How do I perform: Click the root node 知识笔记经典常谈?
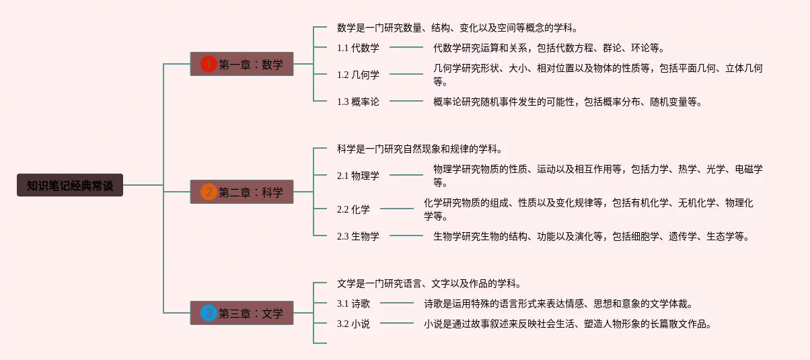tap(70, 185)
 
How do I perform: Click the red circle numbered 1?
tap(209, 64)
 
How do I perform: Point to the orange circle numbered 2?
tap(209, 192)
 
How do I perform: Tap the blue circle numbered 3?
tap(209, 313)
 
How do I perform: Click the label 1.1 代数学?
tap(358, 48)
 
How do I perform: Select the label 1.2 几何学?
tap(358, 75)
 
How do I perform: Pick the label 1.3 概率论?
tap(358, 102)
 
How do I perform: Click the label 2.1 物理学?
tap(358, 176)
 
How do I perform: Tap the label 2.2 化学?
tap(353, 209)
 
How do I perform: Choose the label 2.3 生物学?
tap(358, 236)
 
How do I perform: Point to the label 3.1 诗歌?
tap(353, 303)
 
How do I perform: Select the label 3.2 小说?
tap(353, 324)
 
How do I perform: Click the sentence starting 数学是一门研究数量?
tap(457, 28)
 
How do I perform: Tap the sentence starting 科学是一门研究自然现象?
tap(420, 149)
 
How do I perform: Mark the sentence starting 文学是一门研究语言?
tap(429, 283)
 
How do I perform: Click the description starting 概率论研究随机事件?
tap(568, 102)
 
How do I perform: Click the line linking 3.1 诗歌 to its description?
tap(397, 303)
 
